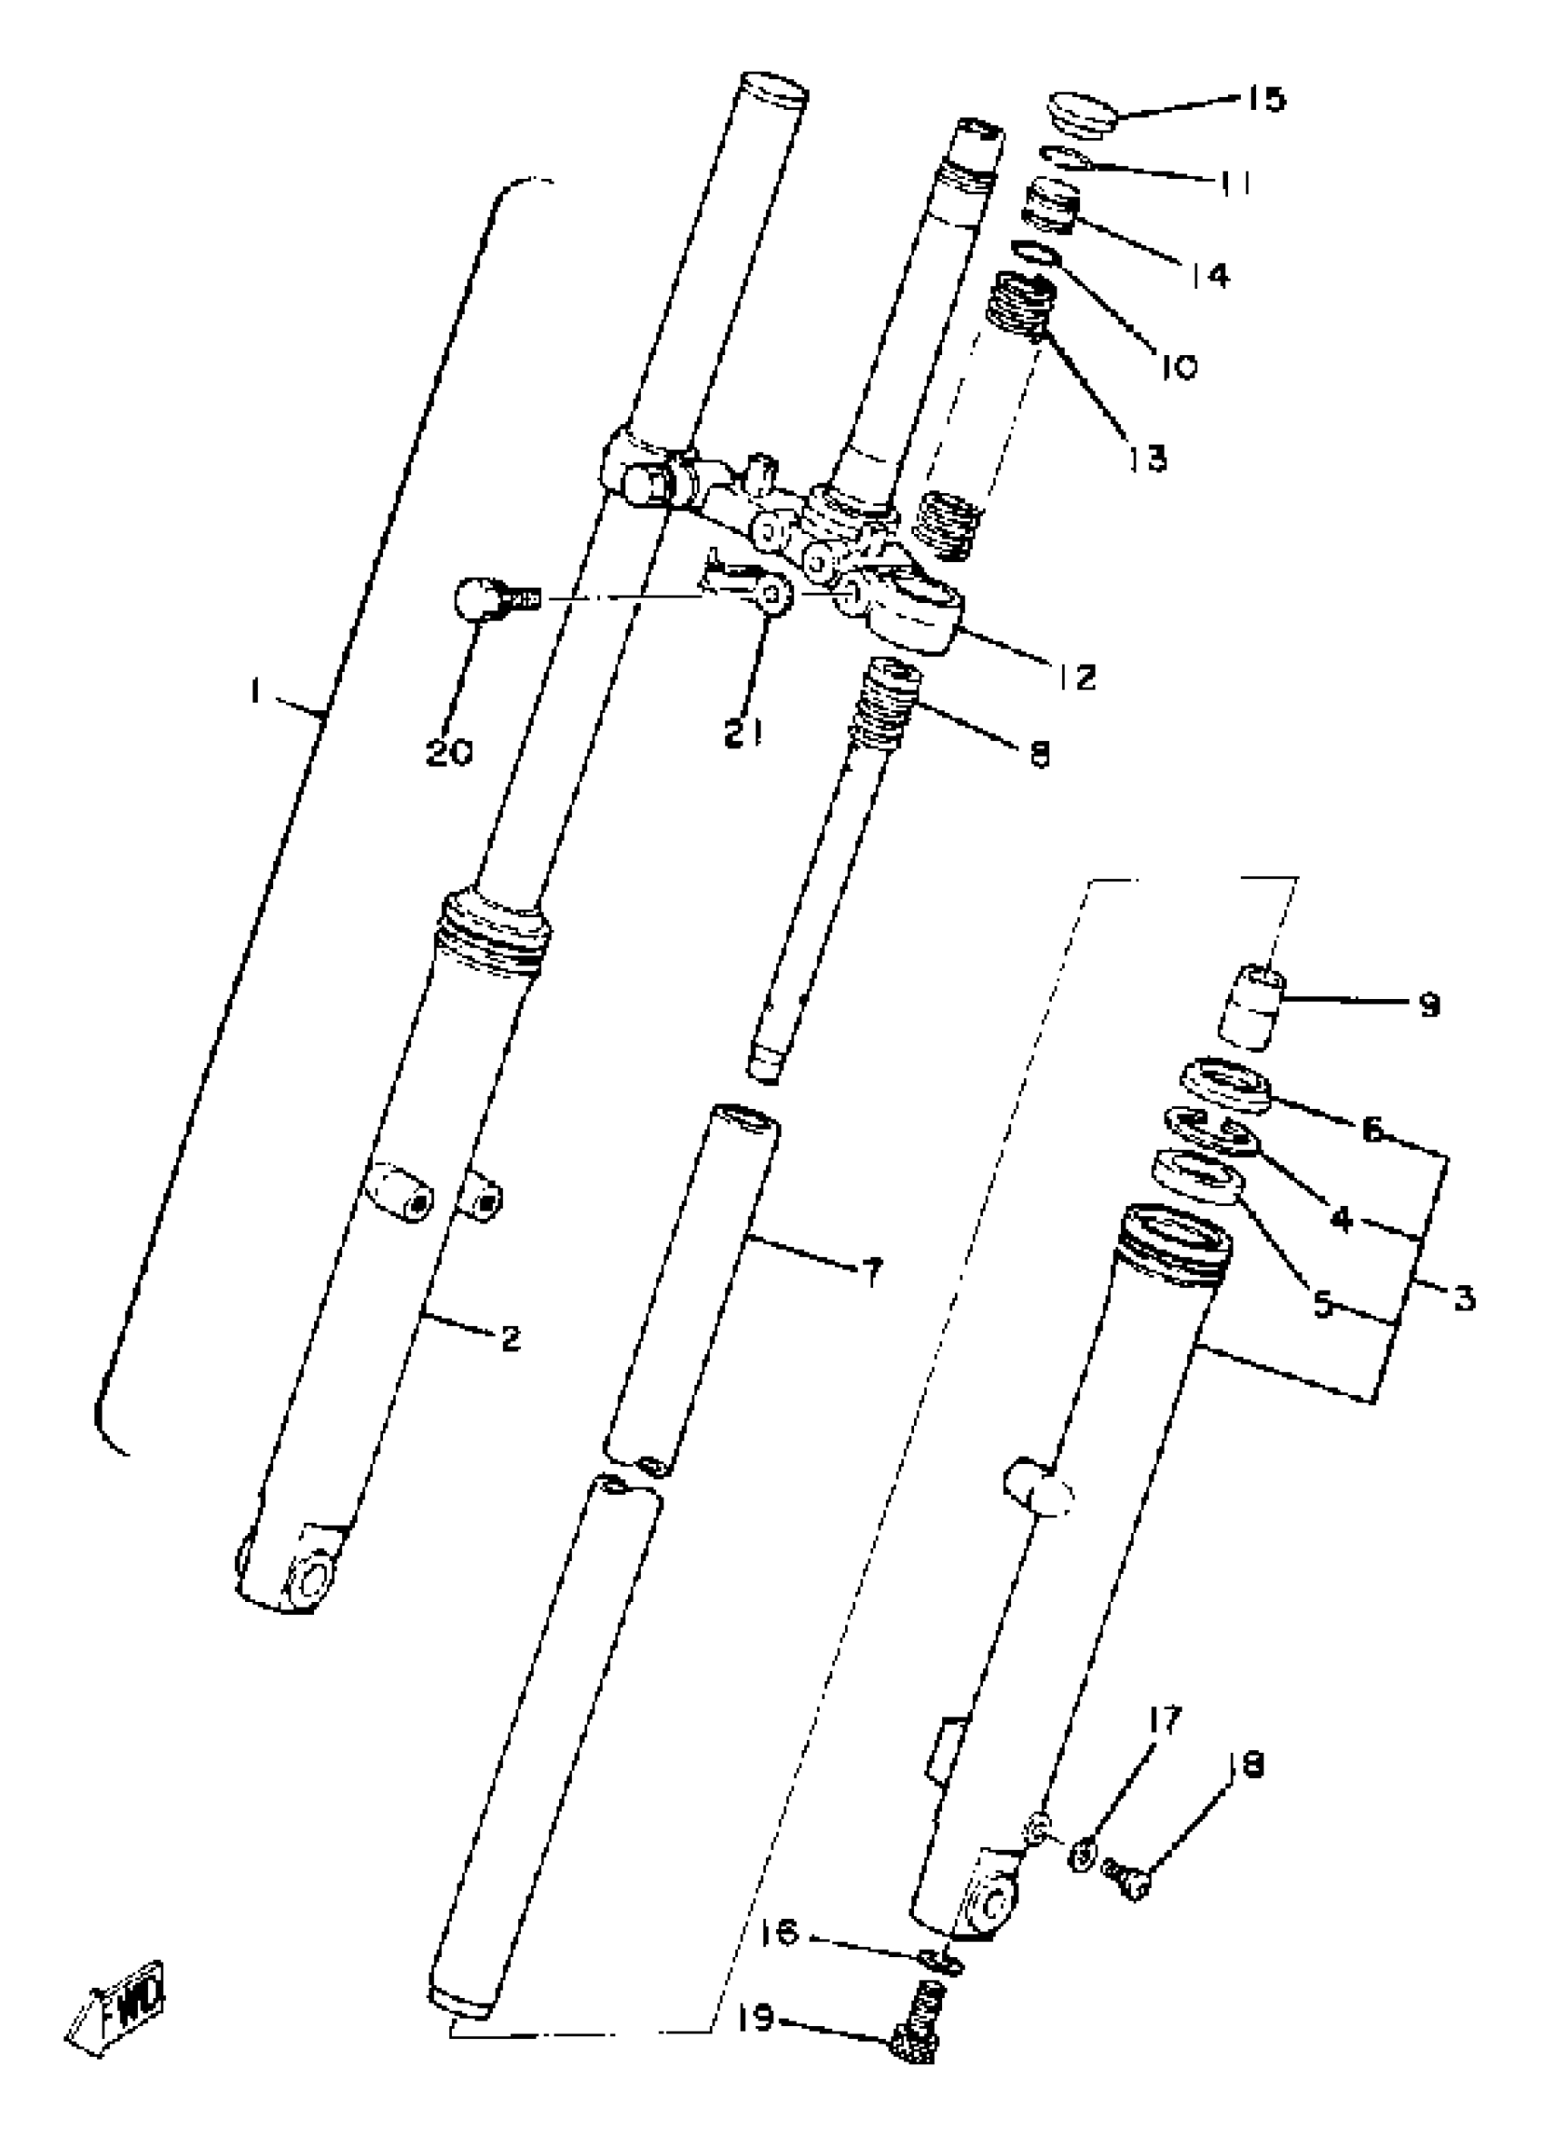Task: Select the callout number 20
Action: [x=449, y=753]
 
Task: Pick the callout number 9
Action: [x=1428, y=1006]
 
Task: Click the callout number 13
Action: [x=1145, y=459]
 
